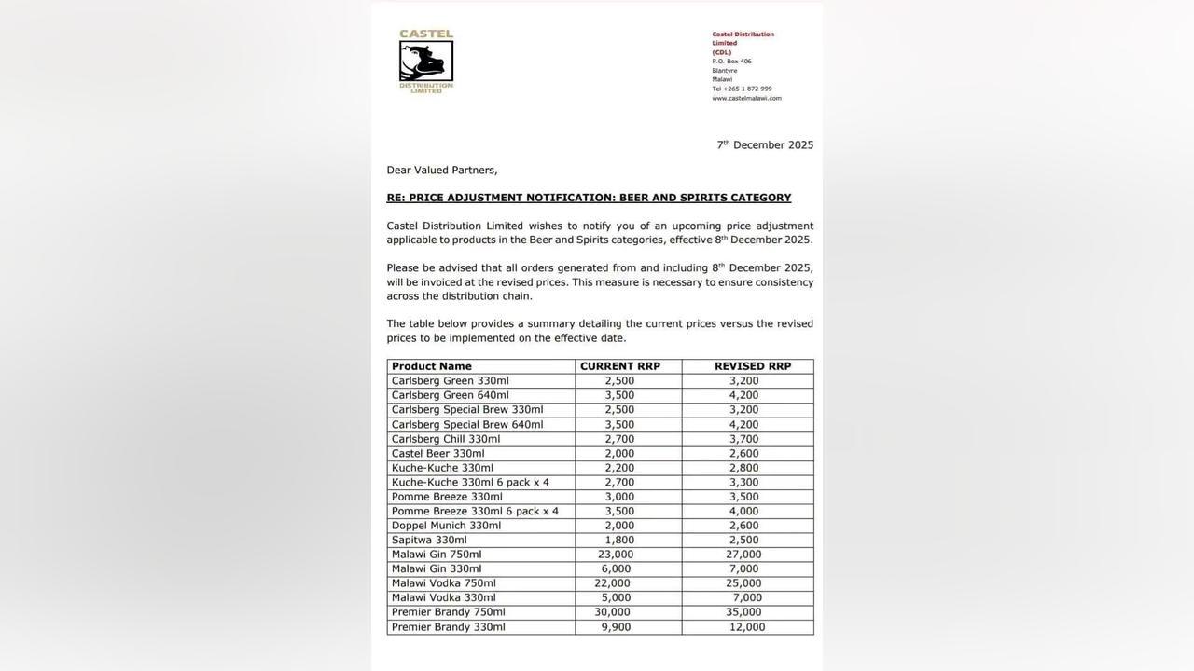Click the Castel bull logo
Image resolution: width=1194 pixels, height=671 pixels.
[426, 62]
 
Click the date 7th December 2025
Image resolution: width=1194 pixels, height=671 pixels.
[765, 144]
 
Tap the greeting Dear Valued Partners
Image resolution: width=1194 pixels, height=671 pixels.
[442, 171]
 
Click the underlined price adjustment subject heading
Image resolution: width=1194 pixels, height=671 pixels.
[589, 198]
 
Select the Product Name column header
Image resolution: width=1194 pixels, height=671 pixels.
[432, 366]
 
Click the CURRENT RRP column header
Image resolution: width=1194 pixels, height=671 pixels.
[620, 366]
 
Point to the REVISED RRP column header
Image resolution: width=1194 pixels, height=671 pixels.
[753, 366]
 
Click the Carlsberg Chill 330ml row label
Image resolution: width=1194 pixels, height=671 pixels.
[446, 439]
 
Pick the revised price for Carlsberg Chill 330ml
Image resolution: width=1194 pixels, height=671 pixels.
[743, 439]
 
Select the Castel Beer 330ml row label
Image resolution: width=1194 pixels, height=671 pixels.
[438, 454]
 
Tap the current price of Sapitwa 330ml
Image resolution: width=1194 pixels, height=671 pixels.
[619, 540]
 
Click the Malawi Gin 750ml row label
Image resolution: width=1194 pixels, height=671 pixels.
[437, 555]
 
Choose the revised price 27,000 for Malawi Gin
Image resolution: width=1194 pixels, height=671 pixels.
[743, 555]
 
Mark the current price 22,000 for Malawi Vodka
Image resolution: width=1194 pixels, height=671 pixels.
[612, 583]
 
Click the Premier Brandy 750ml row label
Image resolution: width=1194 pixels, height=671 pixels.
[449, 612]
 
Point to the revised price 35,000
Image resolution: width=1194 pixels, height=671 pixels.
[743, 612]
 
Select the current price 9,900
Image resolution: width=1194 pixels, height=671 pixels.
[616, 627]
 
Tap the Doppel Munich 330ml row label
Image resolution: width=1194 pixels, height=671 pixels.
[446, 526]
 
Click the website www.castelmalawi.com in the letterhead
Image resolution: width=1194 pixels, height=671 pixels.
[747, 98]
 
